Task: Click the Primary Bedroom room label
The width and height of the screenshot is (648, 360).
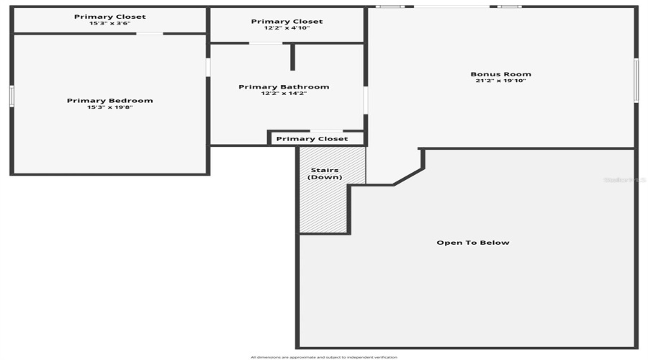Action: tap(109, 101)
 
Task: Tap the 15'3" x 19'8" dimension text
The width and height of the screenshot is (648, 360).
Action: tap(109, 107)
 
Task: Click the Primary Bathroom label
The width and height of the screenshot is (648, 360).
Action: tap(284, 87)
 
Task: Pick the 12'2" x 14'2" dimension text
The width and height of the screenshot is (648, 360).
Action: tap(284, 94)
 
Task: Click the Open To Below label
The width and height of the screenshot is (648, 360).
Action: tap(472, 243)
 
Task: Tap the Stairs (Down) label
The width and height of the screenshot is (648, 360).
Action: tap(325, 174)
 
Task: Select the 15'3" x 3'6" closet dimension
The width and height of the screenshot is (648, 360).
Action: tap(109, 23)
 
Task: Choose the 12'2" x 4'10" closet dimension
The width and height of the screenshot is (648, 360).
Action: tap(287, 28)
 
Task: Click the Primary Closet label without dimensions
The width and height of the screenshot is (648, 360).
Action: tap(312, 139)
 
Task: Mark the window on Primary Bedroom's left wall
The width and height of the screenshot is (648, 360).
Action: tap(12, 96)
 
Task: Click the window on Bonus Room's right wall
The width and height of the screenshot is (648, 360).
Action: tap(636, 80)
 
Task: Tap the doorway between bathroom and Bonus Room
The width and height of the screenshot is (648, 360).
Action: tap(366, 100)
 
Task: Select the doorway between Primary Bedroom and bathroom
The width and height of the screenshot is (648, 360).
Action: tap(208, 67)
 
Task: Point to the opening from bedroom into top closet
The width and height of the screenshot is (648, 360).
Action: tap(150, 34)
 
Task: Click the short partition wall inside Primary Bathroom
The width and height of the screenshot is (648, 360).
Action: tap(292, 57)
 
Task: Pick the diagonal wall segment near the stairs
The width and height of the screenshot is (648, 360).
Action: tap(408, 177)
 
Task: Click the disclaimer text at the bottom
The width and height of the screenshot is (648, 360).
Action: tap(323, 357)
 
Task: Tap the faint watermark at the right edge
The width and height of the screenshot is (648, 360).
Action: tap(625, 179)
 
